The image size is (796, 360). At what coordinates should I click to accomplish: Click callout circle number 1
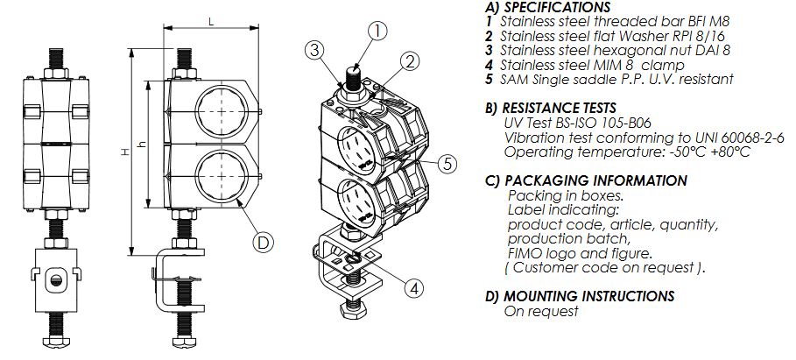point(377,32)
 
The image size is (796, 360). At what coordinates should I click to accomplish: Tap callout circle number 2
point(407,60)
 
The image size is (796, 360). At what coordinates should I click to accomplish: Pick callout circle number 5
point(446,162)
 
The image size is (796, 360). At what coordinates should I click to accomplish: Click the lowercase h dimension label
point(143,145)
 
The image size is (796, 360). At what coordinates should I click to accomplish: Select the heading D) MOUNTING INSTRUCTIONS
point(579,296)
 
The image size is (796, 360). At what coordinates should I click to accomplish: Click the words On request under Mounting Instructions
point(541,311)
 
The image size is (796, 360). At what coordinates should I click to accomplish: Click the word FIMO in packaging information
point(523,253)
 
